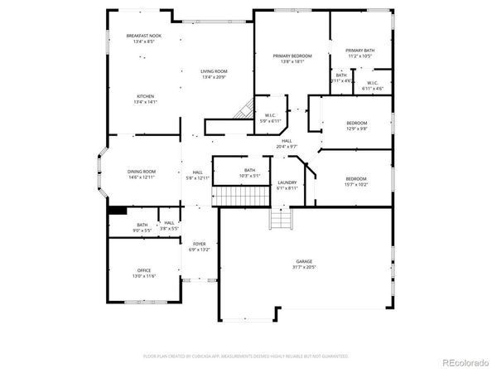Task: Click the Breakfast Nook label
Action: (144, 36)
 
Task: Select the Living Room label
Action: (214, 71)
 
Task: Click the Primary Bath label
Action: (359, 51)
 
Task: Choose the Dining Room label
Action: (142, 172)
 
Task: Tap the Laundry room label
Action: (287, 182)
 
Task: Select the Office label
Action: (144, 270)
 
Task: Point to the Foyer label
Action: (200, 244)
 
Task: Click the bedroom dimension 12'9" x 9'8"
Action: (356, 129)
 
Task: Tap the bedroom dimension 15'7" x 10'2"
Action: (356, 184)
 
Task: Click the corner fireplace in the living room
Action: (243, 109)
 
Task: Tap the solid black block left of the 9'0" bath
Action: (117, 211)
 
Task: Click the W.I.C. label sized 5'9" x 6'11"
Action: (269, 116)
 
